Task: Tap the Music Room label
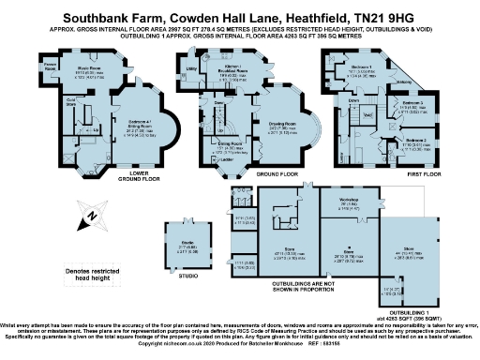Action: pyautogui.click(x=88, y=67)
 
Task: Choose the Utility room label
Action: pyautogui.click(x=190, y=68)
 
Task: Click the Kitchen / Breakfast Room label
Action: pyautogui.click(x=230, y=69)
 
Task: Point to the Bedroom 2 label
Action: pyautogui.click(x=417, y=141)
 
